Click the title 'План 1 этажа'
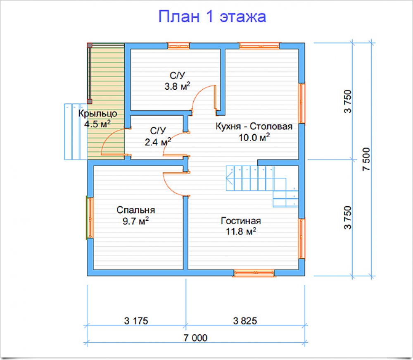(212, 17)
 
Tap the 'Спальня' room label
(135, 210)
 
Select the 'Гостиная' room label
(241, 221)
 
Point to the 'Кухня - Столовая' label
(254, 126)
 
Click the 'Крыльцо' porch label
(97, 113)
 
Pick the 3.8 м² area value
(177, 86)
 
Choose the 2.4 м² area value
(158, 142)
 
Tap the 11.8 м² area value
(241, 231)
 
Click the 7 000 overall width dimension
(195, 338)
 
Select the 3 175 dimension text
(136, 321)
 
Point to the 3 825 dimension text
(245, 321)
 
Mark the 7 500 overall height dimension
(366, 159)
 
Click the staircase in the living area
(262, 186)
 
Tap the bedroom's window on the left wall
(90, 218)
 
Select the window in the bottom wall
(254, 273)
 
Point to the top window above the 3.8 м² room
(178, 46)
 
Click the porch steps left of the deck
(76, 132)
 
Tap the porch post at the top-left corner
(90, 45)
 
